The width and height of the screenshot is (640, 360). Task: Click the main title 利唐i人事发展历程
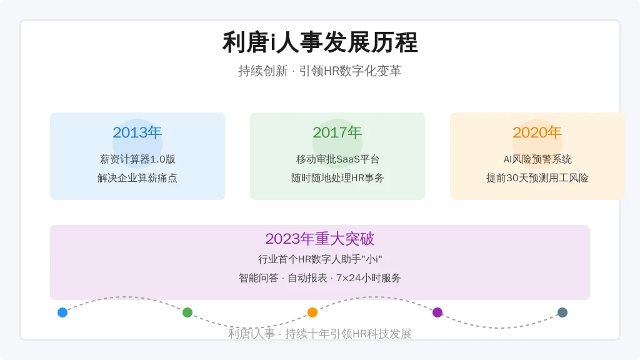point(320,42)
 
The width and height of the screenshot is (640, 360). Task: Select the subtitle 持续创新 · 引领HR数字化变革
point(320,71)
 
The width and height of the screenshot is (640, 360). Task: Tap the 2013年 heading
point(137,132)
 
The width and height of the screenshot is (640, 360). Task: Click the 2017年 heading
point(337,132)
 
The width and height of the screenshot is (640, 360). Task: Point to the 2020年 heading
point(537,132)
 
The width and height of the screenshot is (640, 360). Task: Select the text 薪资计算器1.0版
point(137,159)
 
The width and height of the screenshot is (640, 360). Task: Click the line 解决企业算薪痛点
point(137,178)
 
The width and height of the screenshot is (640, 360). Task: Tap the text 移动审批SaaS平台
point(337,159)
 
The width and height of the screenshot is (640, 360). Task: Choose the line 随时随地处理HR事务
point(337,178)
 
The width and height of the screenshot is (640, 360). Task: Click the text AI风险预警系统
point(537,159)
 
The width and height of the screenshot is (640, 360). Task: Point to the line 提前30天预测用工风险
point(537,178)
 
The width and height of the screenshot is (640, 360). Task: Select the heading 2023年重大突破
point(320,239)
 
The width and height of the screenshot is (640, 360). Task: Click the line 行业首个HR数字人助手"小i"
point(320,259)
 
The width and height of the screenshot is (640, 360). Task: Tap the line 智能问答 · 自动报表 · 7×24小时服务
point(320,278)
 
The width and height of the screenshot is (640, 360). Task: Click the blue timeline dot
point(62,312)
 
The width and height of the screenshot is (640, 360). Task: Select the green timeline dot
point(187,312)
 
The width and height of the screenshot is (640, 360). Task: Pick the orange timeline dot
point(312,312)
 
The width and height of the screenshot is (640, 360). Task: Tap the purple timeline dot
point(437,312)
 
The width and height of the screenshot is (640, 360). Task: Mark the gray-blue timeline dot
point(562,312)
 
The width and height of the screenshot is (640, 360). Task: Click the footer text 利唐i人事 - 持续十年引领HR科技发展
point(320,334)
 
